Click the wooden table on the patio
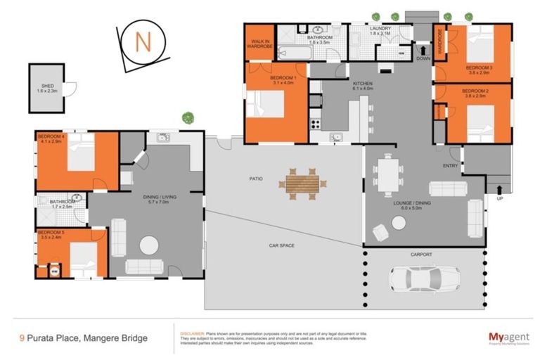[x=302, y=183]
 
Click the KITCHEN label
[x=363, y=84]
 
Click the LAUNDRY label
[x=380, y=29]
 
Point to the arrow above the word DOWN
[x=422, y=49]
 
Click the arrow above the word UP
[x=499, y=188]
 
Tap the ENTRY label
[x=450, y=166]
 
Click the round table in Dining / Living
[x=148, y=245]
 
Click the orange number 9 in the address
[x=22, y=338]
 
